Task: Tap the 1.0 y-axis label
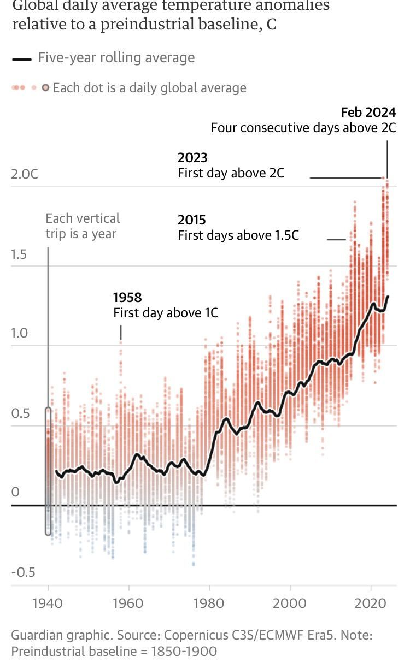click(20, 334)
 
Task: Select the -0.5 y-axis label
click(23, 572)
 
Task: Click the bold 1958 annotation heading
click(127, 298)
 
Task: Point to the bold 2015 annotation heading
click(192, 220)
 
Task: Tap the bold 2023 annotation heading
click(192, 158)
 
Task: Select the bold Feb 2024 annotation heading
click(368, 113)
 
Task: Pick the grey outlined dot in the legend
click(46, 87)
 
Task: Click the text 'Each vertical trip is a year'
click(83, 226)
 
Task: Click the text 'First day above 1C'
click(166, 313)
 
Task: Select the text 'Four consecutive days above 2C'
click(303, 128)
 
